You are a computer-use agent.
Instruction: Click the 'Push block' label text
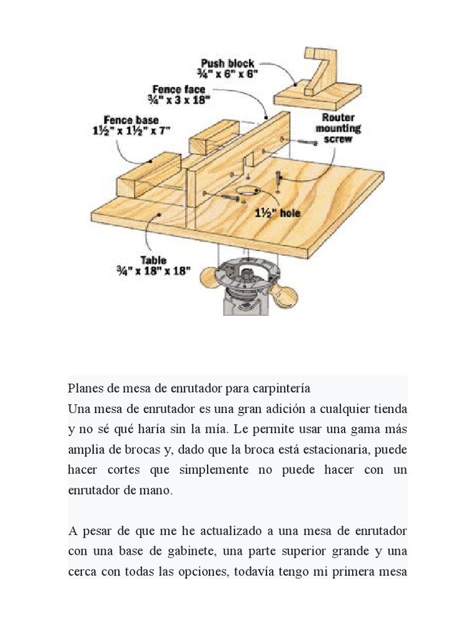pyautogui.click(x=227, y=64)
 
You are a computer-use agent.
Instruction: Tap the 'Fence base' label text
pyautogui.click(x=131, y=119)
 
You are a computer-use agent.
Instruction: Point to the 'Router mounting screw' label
pyautogui.click(x=338, y=128)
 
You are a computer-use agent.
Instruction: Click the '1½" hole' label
pyautogui.click(x=278, y=213)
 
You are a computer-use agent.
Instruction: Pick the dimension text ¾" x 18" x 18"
pyautogui.click(x=153, y=271)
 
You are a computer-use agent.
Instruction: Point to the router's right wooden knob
pyautogui.click(x=286, y=298)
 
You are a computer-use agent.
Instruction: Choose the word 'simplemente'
pyautogui.click(x=210, y=470)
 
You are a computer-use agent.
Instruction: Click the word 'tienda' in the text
pyautogui.click(x=388, y=409)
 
